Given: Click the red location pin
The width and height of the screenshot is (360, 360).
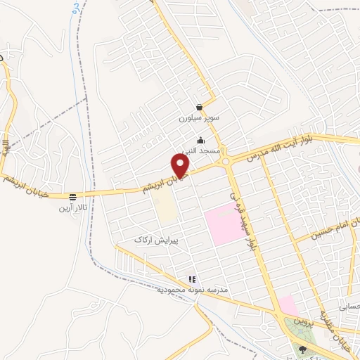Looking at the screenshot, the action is click(181, 167).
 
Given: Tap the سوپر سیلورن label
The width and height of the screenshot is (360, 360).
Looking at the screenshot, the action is click(200, 119).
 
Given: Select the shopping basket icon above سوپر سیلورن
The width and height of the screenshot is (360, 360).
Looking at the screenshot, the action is click(200, 108).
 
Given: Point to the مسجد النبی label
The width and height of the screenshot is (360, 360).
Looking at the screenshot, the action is click(202, 150).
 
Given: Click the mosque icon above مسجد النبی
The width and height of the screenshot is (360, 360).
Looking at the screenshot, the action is click(201, 139).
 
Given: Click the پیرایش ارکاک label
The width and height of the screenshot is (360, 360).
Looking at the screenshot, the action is click(157, 240).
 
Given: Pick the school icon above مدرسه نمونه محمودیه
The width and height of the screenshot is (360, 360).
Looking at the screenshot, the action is click(191, 278).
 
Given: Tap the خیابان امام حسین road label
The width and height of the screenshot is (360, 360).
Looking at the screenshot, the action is click(328, 232).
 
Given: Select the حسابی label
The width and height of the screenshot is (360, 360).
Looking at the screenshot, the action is click(349, 307).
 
